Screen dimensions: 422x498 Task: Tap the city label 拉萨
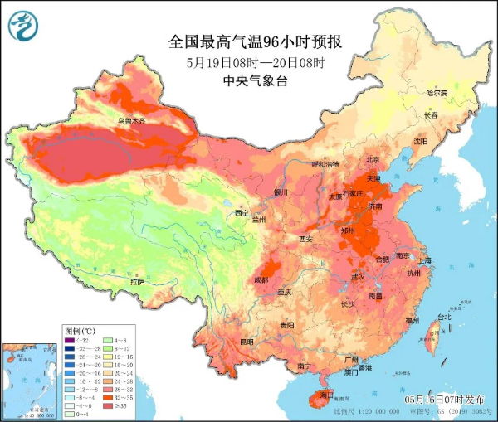[x=137, y=282]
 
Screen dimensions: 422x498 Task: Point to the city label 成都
[x=261, y=280]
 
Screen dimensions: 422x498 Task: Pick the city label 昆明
[x=246, y=341]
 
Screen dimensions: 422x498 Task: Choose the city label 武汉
[x=359, y=275]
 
